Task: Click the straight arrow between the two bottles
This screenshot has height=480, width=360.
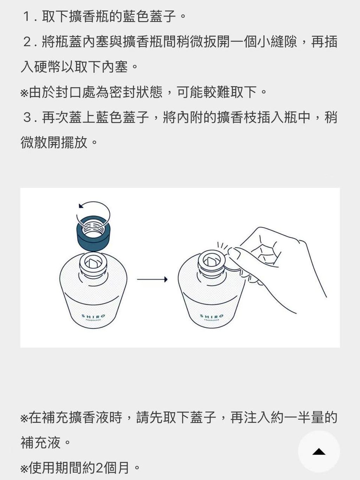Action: coord(152,279)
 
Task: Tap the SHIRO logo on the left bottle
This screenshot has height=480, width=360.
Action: coord(93,316)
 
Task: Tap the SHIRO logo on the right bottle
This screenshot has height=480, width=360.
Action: coord(212,316)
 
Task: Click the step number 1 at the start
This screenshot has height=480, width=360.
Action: coord(27,17)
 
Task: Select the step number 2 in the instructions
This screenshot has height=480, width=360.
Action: coord(27,42)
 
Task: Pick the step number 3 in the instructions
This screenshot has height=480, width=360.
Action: coord(27,118)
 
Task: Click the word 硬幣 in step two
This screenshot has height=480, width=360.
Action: coord(47,67)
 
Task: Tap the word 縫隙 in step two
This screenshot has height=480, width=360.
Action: coord(283,42)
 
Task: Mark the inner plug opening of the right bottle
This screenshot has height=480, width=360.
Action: coord(212,260)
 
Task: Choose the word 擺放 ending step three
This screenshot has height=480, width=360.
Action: coord(74,143)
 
